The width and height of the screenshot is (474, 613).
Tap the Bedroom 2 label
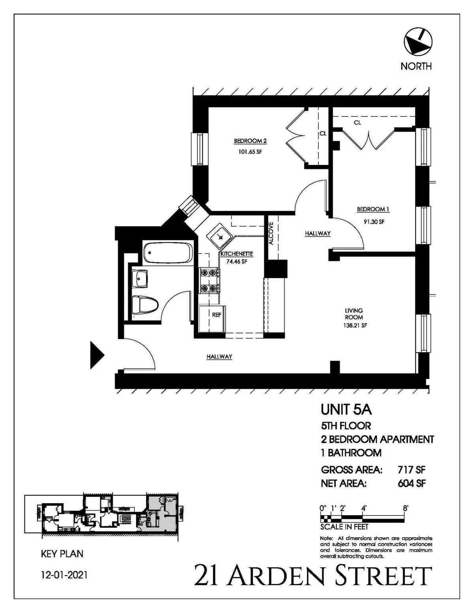(250, 141)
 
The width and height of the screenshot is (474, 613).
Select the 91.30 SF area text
(374, 222)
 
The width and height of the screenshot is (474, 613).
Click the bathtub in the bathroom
(168, 253)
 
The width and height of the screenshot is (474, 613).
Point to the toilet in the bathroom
(144, 305)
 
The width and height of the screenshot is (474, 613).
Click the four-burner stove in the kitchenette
(209, 280)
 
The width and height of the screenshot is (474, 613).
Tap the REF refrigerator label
(216, 315)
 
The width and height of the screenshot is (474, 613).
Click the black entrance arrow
(96, 355)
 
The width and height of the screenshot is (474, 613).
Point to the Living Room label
(354, 314)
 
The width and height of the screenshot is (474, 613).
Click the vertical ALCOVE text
(271, 234)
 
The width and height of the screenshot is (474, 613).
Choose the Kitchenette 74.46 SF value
(236, 261)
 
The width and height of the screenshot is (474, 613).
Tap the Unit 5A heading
(346, 410)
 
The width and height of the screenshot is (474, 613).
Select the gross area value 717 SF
(411, 470)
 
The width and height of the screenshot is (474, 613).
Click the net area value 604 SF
(411, 483)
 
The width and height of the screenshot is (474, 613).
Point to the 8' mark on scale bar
(405, 508)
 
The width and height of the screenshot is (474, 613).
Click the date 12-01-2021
(64, 575)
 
